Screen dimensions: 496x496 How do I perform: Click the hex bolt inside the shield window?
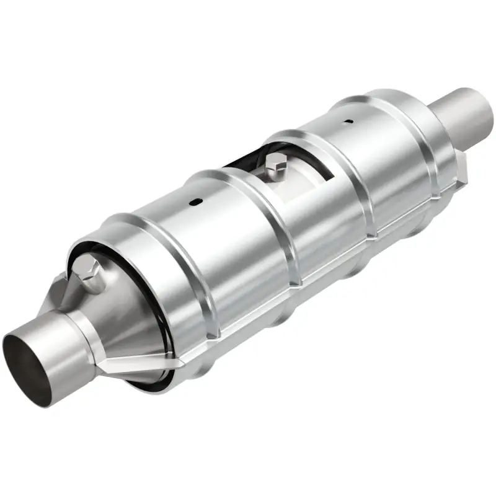point(276,164)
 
